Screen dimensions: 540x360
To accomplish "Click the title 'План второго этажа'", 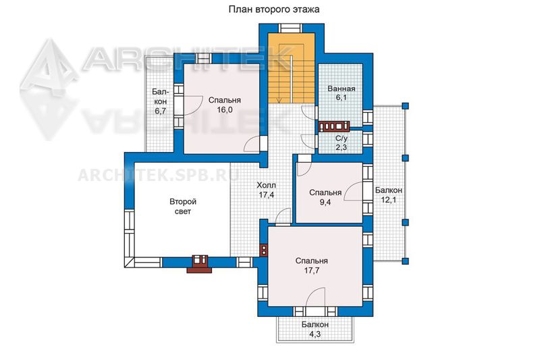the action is [x=274, y=9].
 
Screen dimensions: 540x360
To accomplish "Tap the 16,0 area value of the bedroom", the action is [x=225, y=109].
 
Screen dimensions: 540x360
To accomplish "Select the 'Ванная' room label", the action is [x=342, y=88].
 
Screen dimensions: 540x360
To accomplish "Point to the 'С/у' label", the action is [x=342, y=138].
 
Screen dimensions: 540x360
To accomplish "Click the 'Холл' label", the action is [x=266, y=185].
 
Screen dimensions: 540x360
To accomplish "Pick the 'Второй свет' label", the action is [x=182, y=207].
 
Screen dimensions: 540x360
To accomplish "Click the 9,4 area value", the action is [x=325, y=202].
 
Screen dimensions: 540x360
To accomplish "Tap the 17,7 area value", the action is [x=311, y=270].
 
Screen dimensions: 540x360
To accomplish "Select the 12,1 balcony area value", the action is [x=389, y=199].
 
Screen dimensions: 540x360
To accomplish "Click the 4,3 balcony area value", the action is [x=315, y=334].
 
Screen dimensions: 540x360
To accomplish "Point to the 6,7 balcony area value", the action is [x=161, y=111].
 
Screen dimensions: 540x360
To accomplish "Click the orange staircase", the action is [x=292, y=68].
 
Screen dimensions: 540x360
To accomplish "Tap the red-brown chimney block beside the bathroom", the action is [x=334, y=126].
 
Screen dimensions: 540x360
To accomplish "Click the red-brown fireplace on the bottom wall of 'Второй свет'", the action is [x=199, y=264].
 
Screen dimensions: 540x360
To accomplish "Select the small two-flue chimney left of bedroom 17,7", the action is [x=264, y=251].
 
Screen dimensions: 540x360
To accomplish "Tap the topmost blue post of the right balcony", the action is [x=406, y=106].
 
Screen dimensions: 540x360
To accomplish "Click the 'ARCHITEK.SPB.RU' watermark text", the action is [x=159, y=175].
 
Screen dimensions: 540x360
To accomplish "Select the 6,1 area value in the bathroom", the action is [x=342, y=97].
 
